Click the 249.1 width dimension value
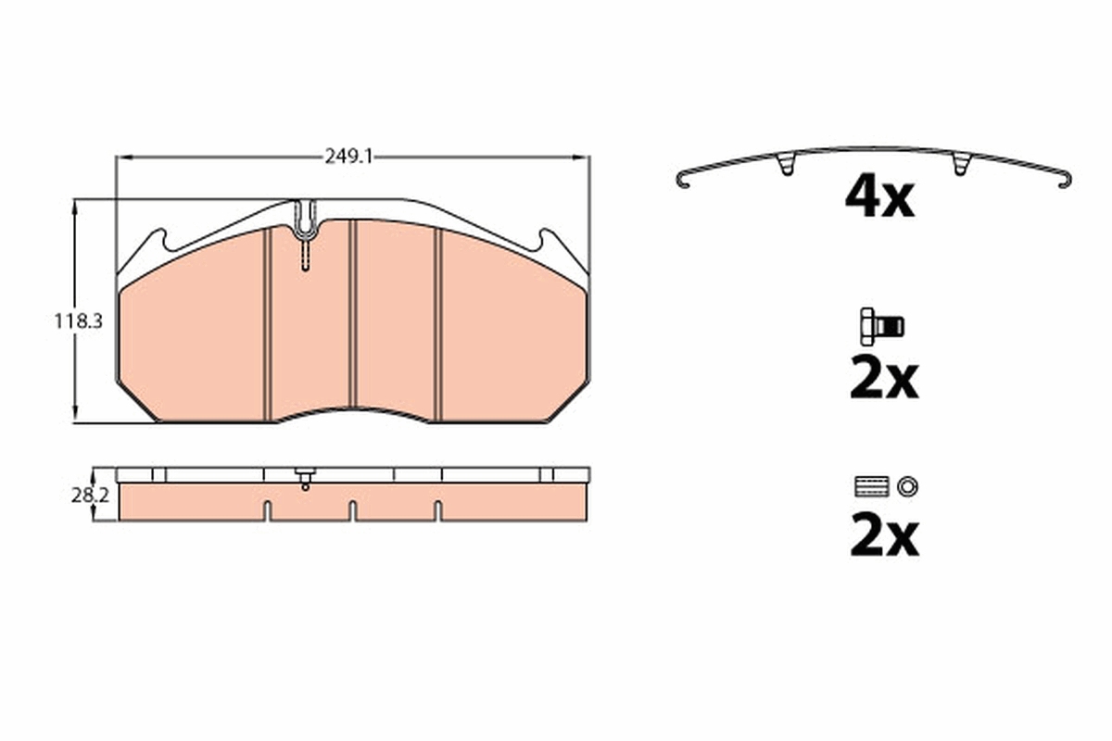coord(348,157)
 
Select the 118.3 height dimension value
coord(77,321)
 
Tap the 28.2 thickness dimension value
coord(91,496)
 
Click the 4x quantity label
coord(879,197)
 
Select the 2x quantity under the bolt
coord(883,379)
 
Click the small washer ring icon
coord(908,485)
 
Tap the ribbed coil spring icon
coord(871,485)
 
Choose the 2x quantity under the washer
coord(883,538)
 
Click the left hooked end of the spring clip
coord(684,180)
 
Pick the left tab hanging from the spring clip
coord(786,165)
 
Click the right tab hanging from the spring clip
coord(961,165)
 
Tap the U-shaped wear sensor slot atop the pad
coord(305,222)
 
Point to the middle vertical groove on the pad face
coord(352,315)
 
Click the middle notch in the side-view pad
coord(352,509)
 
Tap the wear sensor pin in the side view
coord(305,480)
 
